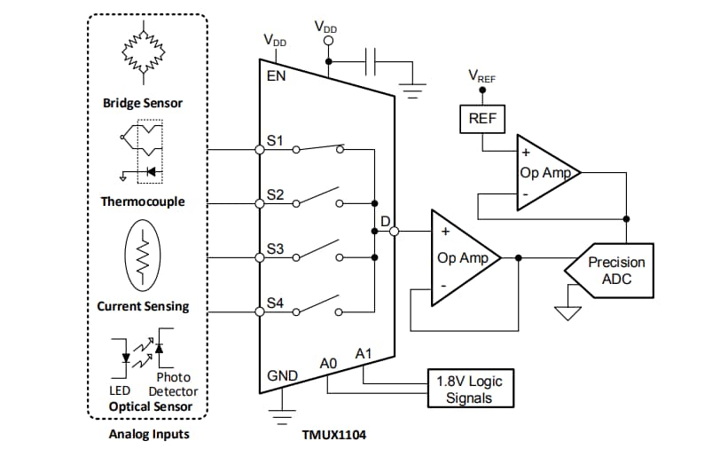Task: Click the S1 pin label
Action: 276,141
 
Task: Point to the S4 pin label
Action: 276,303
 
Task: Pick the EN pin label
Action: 277,76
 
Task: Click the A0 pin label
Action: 328,363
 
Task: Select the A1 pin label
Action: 364,354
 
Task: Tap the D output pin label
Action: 385,220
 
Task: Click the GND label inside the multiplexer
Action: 282,376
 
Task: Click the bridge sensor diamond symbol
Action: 143,52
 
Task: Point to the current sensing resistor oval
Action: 143,256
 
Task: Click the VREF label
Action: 481,77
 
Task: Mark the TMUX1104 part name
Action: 333,435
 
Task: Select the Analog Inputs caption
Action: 148,434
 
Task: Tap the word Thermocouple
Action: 143,201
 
